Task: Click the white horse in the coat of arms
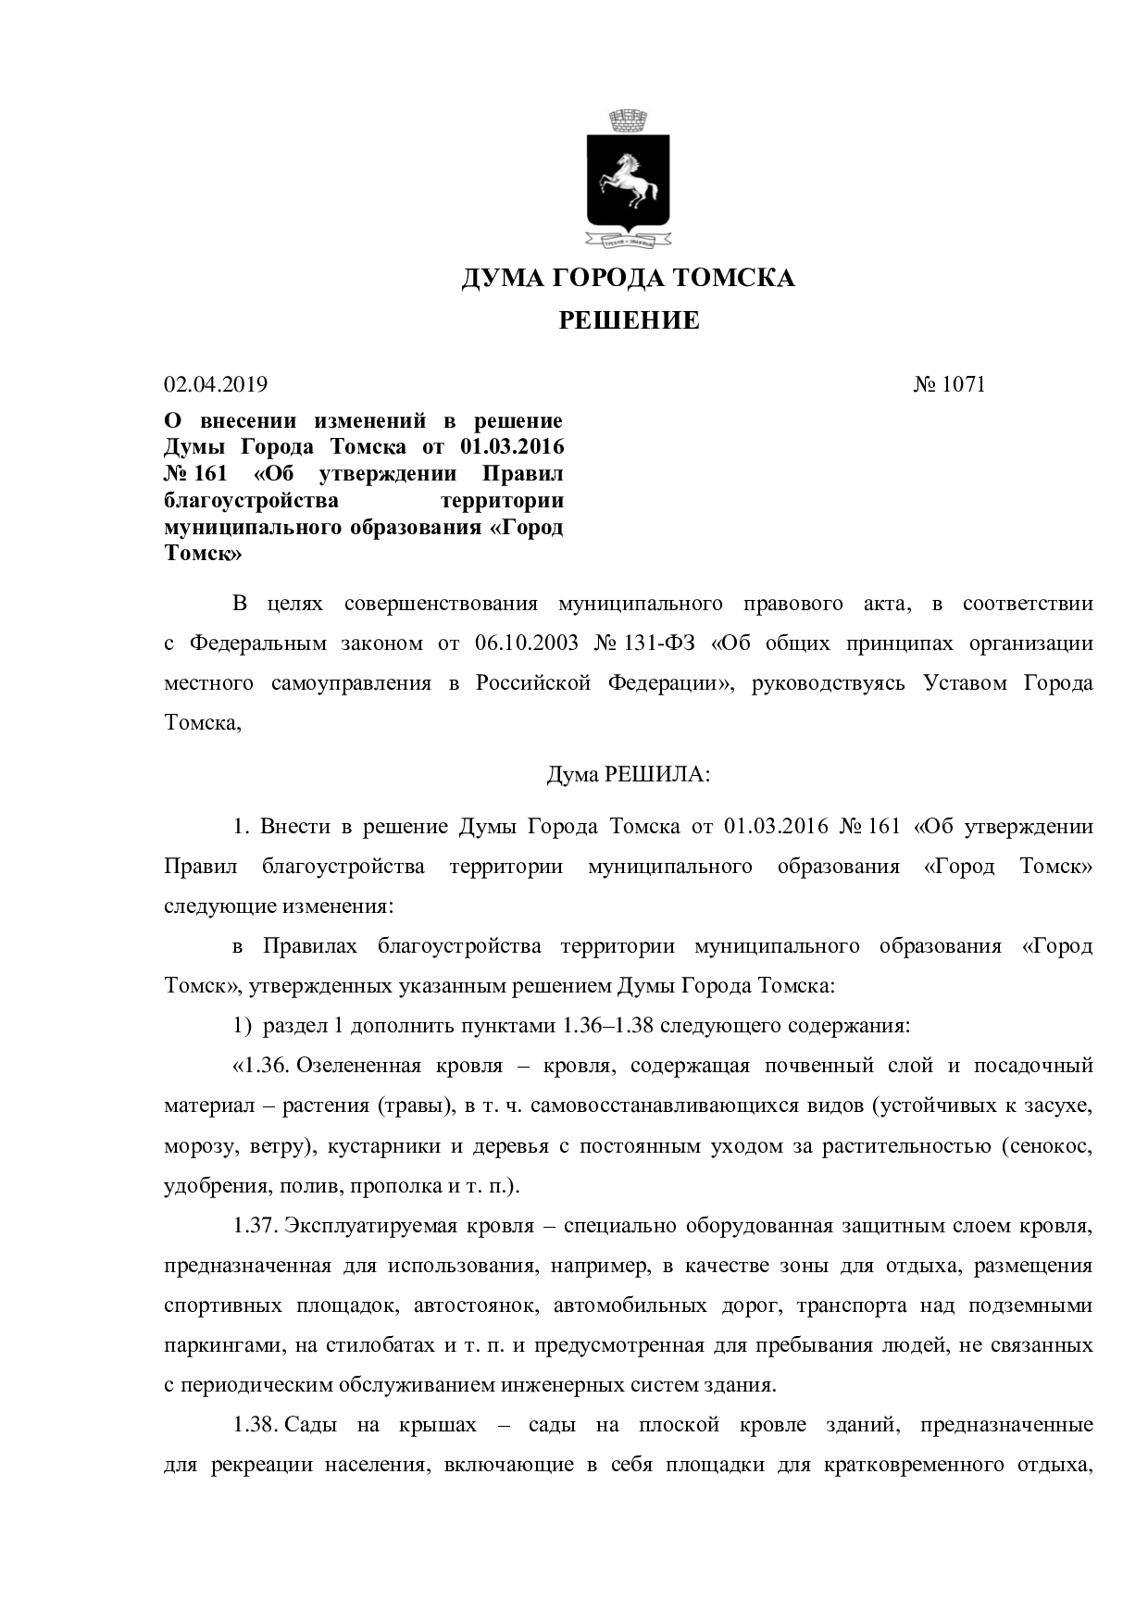630,180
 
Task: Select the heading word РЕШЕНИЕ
629,321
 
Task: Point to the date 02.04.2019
216,384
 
